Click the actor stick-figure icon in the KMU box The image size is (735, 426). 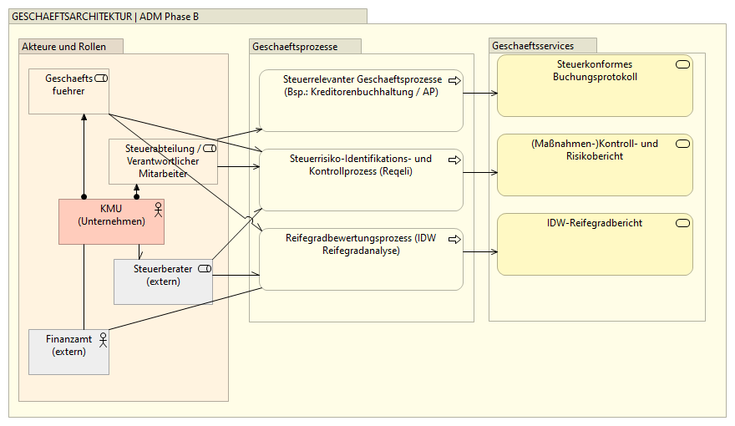click(x=156, y=208)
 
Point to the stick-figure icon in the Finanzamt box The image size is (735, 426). click(x=103, y=338)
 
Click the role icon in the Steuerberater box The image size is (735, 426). click(x=204, y=269)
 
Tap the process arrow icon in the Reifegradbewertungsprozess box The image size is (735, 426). click(x=454, y=239)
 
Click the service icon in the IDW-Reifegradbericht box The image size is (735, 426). click(x=682, y=223)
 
